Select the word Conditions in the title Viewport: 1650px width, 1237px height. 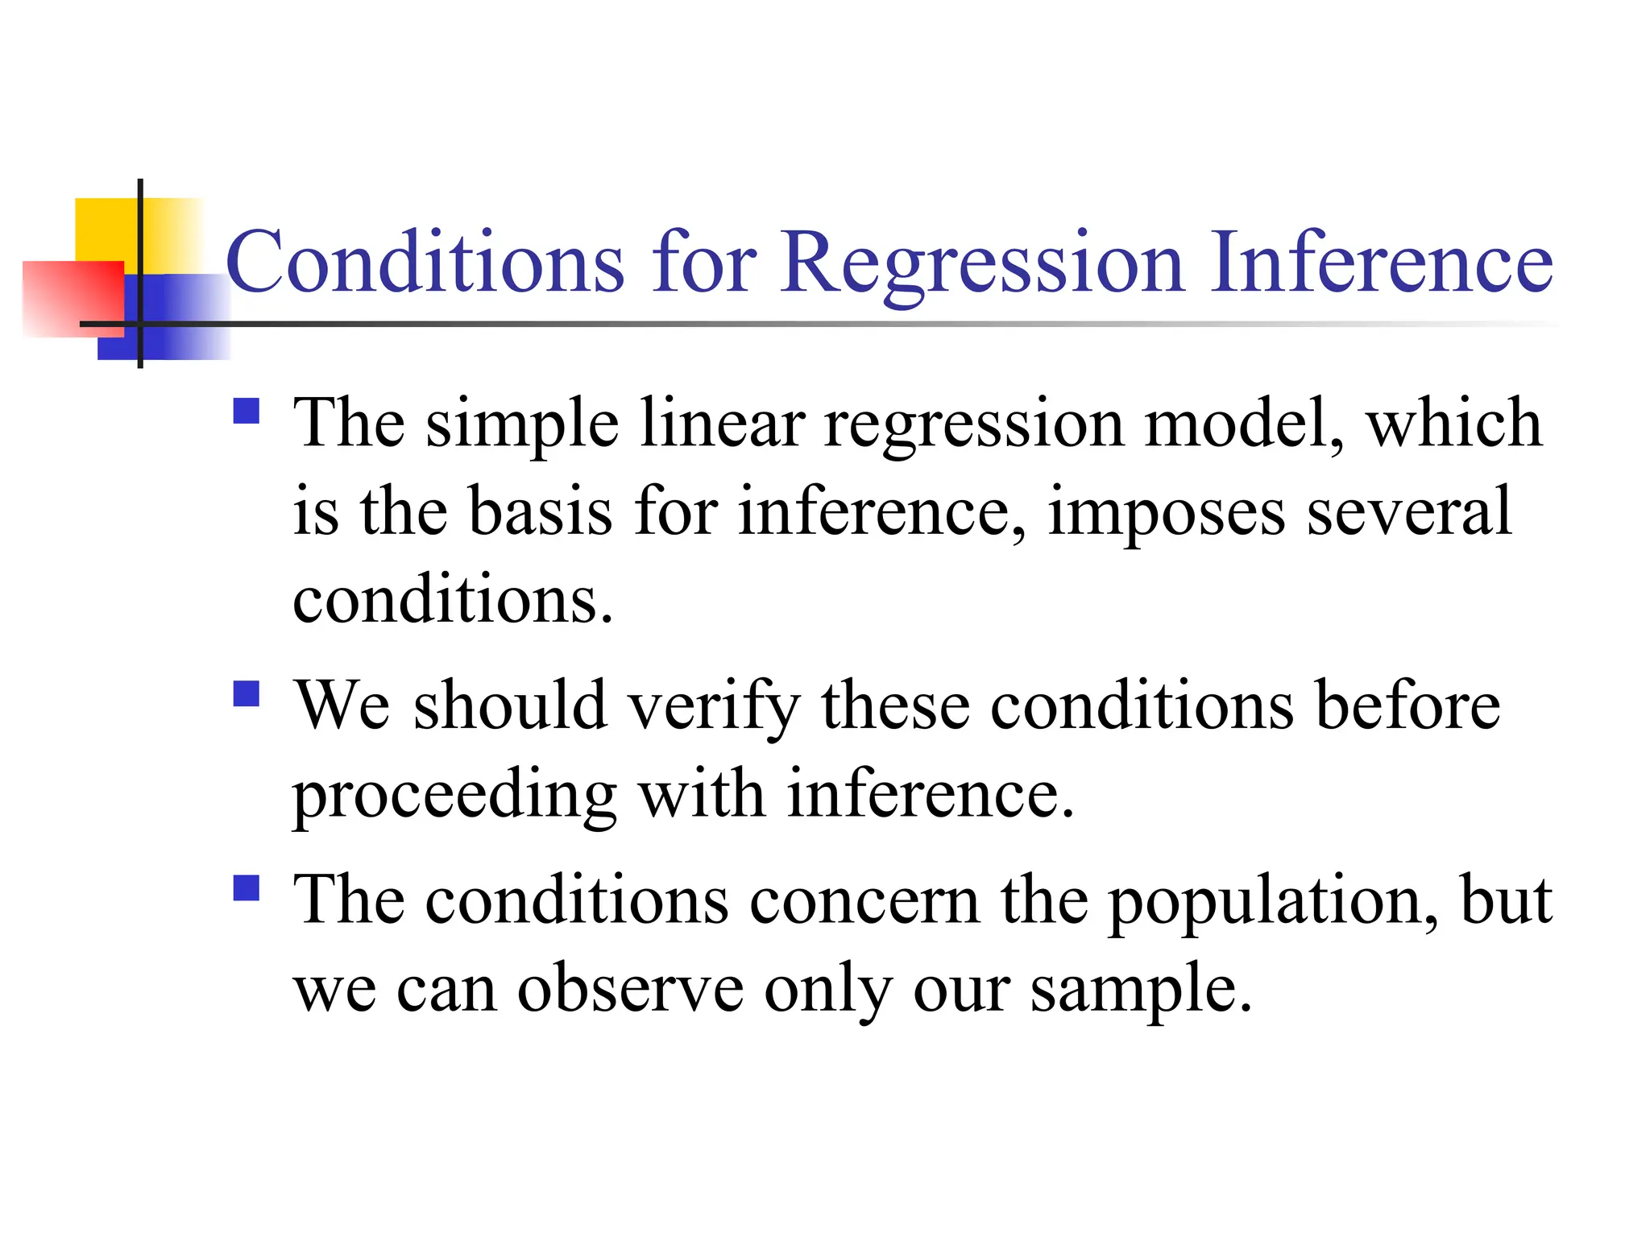tap(425, 263)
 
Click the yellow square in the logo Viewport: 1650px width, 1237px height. tap(105, 229)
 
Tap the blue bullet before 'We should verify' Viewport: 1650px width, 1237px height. tap(246, 693)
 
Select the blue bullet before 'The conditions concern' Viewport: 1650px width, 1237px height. tap(246, 888)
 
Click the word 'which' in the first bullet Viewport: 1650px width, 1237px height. tap(1453, 424)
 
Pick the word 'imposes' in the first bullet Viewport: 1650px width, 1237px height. tap(1166, 512)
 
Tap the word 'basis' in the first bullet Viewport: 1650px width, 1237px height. tap(541, 512)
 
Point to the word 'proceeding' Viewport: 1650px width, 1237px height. tap(454, 796)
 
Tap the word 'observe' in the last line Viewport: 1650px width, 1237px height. tap(630, 990)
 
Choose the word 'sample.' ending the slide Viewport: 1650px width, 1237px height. tap(1142, 990)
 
